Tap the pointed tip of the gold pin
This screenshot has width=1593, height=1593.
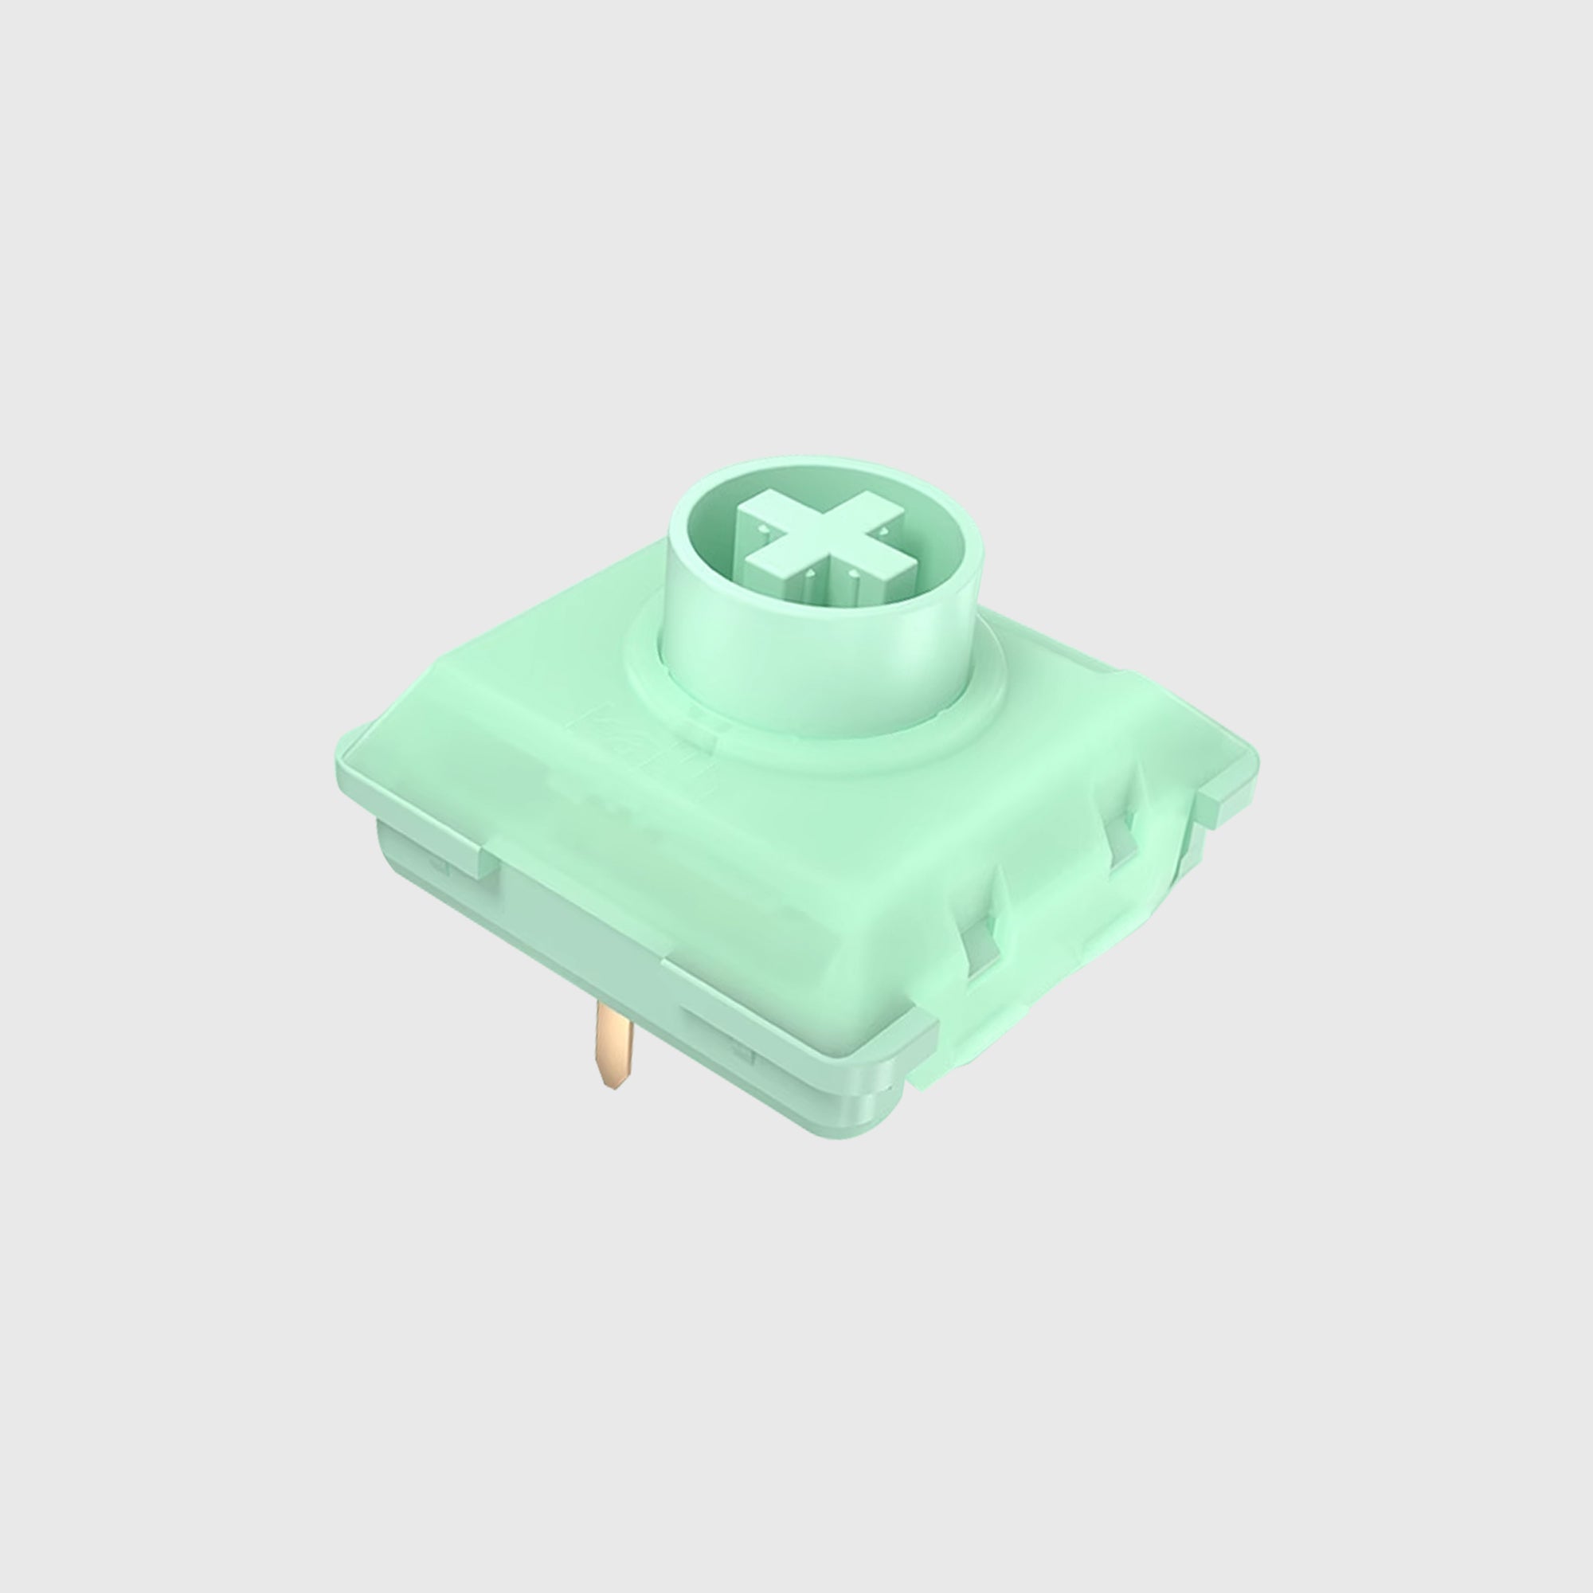click(611, 1084)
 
